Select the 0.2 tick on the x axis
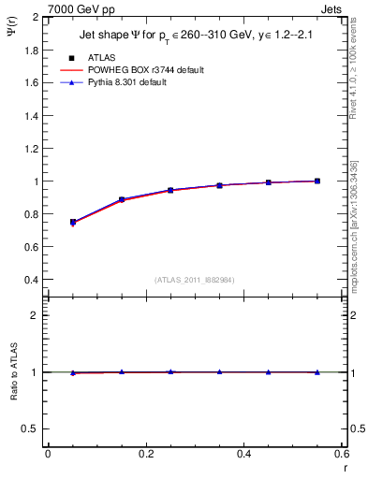(145, 454)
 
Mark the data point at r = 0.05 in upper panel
(73, 222)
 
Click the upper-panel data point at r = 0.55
(317, 181)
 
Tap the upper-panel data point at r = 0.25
(170, 190)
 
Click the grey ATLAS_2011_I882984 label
(194, 280)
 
